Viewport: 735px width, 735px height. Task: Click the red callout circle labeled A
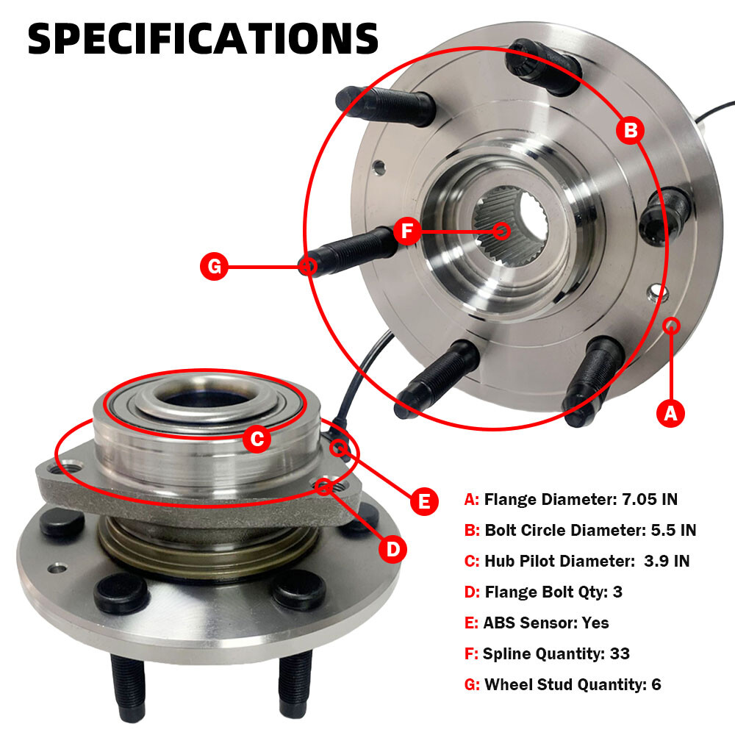pyautogui.click(x=671, y=413)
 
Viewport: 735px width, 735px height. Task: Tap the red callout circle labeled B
pyautogui.click(x=631, y=130)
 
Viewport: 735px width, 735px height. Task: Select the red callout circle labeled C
pyautogui.click(x=257, y=440)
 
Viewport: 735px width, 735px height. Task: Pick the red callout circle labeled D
pyautogui.click(x=392, y=549)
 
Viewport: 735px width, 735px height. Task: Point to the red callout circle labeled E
pyautogui.click(x=424, y=501)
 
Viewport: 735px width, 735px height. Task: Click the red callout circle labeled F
pyautogui.click(x=407, y=231)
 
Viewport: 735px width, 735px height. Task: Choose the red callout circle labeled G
pyautogui.click(x=214, y=266)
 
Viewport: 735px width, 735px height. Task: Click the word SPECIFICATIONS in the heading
pyautogui.click(x=203, y=39)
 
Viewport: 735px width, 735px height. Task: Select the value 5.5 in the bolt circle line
pyautogui.click(x=663, y=530)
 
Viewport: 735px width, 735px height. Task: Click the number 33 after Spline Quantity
pyautogui.click(x=620, y=653)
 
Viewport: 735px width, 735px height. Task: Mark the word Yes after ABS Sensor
pyautogui.click(x=595, y=623)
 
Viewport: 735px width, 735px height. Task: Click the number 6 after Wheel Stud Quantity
pyautogui.click(x=656, y=684)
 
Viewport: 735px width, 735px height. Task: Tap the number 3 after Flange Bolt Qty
pyautogui.click(x=618, y=592)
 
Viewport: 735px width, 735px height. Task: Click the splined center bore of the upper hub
pyautogui.click(x=511, y=226)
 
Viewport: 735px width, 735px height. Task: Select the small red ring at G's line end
pyautogui.click(x=307, y=266)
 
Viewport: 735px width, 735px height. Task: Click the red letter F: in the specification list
pyautogui.click(x=470, y=653)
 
